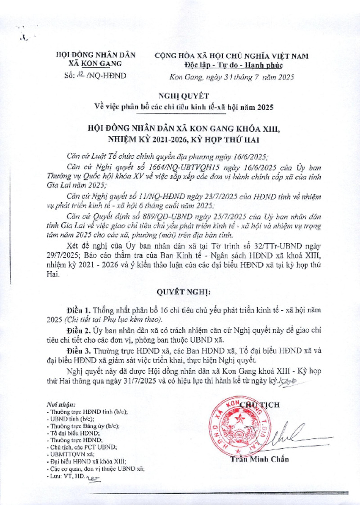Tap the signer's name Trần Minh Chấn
tap(259, 459)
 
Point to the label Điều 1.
tap(79, 311)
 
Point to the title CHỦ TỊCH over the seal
tap(261, 404)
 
